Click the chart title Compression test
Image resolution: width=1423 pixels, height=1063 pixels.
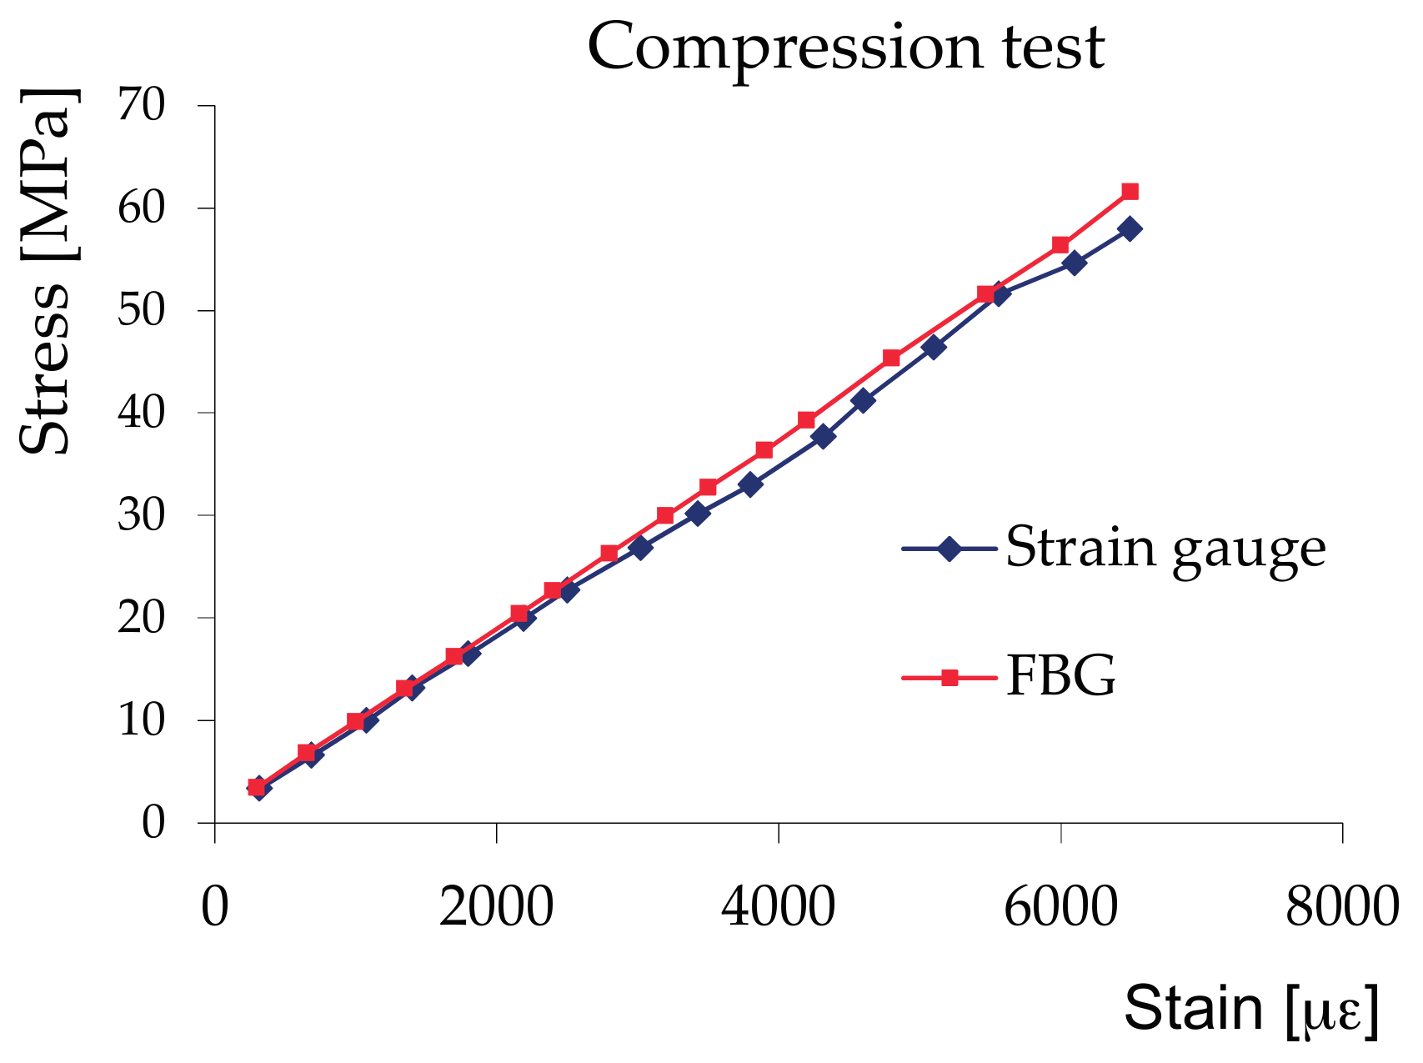coord(845,47)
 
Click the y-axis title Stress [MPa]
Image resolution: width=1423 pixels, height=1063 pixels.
coord(48,270)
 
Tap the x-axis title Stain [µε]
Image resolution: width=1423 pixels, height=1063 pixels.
coord(1251,1009)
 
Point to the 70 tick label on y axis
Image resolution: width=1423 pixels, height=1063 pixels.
coord(142,106)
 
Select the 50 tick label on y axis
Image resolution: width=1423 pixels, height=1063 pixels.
coord(142,311)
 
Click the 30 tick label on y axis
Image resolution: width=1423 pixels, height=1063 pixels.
coord(142,515)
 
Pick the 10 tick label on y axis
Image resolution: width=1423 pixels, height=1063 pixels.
coord(142,720)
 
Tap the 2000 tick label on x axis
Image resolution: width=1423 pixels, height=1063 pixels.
coord(497,907)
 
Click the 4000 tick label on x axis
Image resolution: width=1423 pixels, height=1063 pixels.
coord(778,907)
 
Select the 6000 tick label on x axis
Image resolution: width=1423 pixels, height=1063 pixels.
coord(1060,907)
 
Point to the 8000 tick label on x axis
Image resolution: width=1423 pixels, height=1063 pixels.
coord(1341,907)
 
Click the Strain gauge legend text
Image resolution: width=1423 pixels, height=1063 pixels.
coord(1165,548)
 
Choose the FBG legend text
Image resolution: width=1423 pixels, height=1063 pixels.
coord(1060,677)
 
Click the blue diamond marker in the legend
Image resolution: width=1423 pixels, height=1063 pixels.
coord(949,549)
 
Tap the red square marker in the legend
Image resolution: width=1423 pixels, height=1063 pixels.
coord(949,678)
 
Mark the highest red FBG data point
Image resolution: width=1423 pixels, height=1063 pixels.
coord(1130,192)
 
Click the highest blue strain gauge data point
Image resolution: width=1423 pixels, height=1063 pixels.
coord(1130,229)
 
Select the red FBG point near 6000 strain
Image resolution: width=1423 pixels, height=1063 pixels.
coord(1060,245)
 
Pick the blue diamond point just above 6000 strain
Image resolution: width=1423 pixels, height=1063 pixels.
coord(1075,263)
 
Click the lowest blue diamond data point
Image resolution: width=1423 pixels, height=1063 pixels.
coord(258,788)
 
